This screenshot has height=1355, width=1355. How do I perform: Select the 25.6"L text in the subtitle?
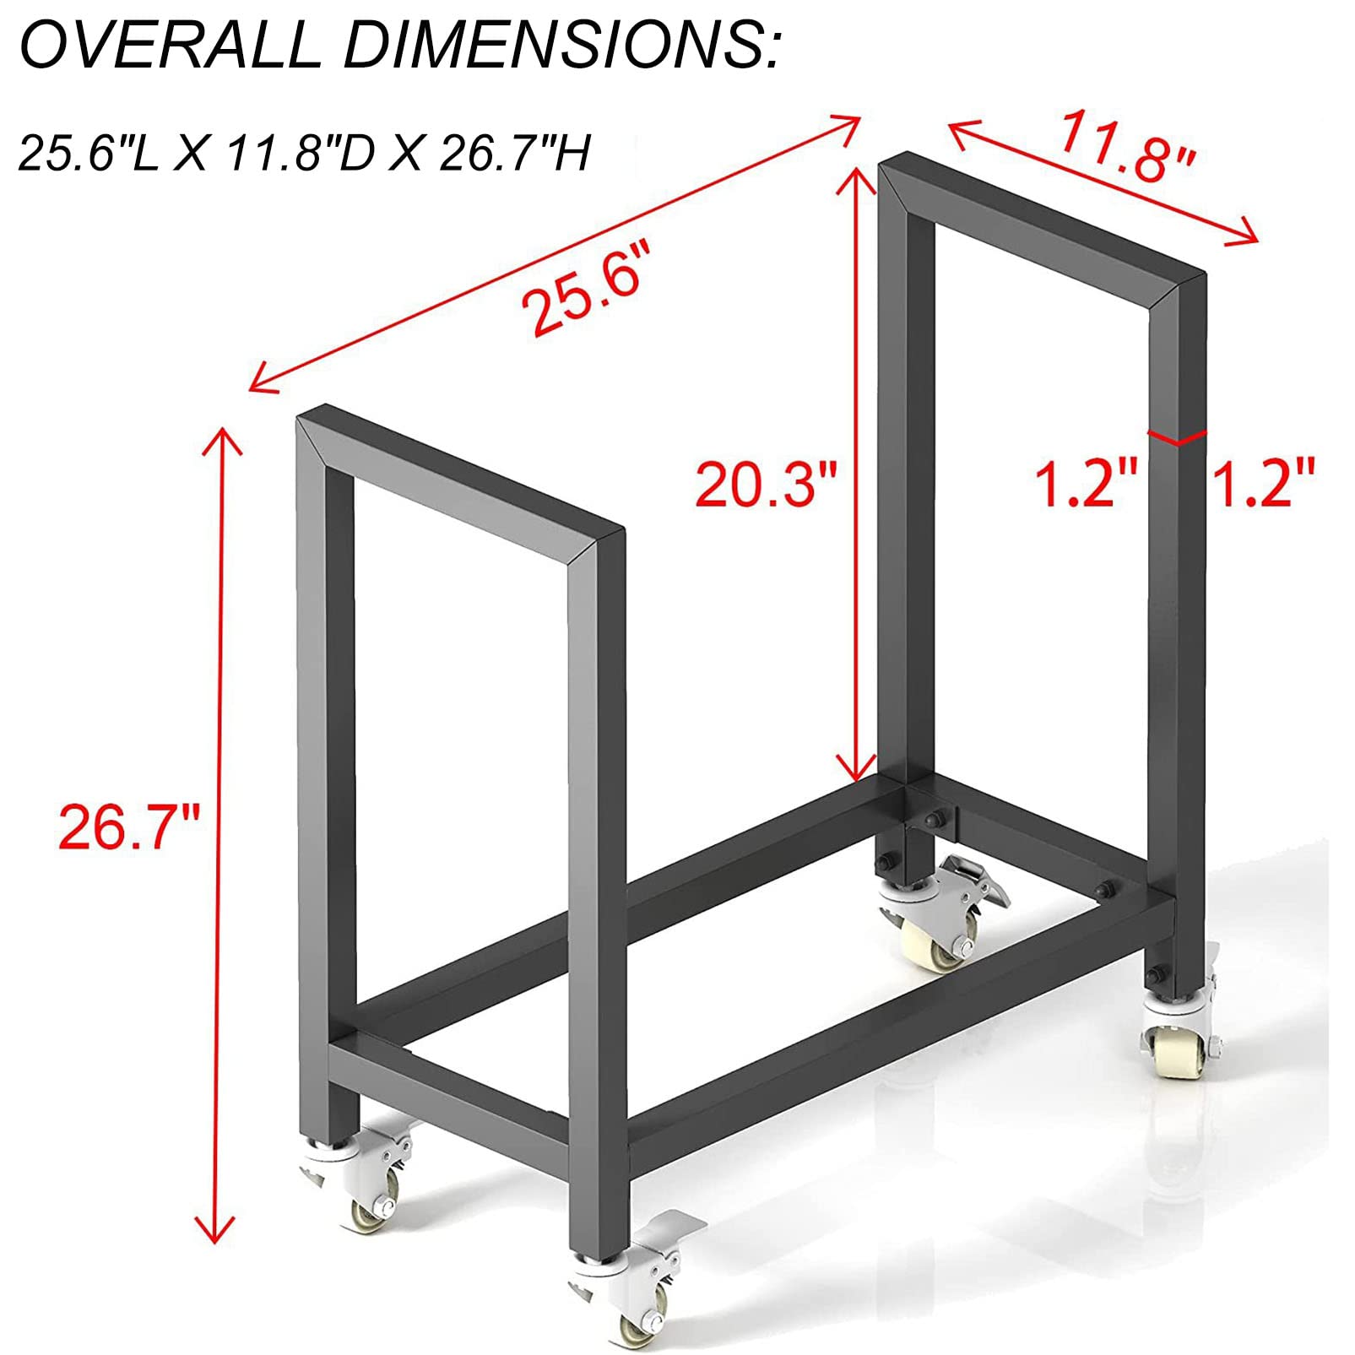point(88,154)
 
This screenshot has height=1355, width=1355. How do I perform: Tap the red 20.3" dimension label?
point(766,485)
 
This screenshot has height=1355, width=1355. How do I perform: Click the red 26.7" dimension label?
point(128,827)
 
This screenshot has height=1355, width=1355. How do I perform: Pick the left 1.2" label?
point(1087,485)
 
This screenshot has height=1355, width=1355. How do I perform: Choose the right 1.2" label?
point(1264,485)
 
